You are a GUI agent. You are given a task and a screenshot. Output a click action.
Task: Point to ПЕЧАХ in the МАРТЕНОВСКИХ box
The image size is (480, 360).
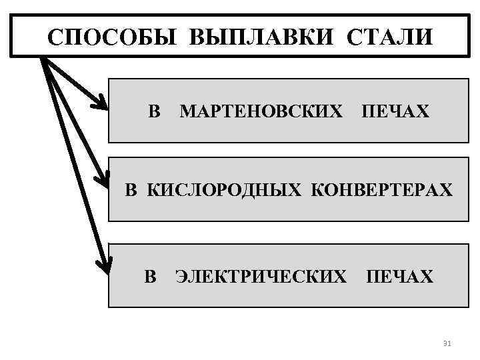tap(395, 111)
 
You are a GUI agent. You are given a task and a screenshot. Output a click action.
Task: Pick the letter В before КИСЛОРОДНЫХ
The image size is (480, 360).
tap(132, 190)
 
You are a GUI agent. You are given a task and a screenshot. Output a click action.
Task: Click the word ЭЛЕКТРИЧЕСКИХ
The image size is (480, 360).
tap(260, 275)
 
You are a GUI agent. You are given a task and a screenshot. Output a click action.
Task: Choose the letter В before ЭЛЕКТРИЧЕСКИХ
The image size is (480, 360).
tap(151, 275)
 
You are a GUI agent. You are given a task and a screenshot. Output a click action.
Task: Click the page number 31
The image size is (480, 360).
tap(447, 343)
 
